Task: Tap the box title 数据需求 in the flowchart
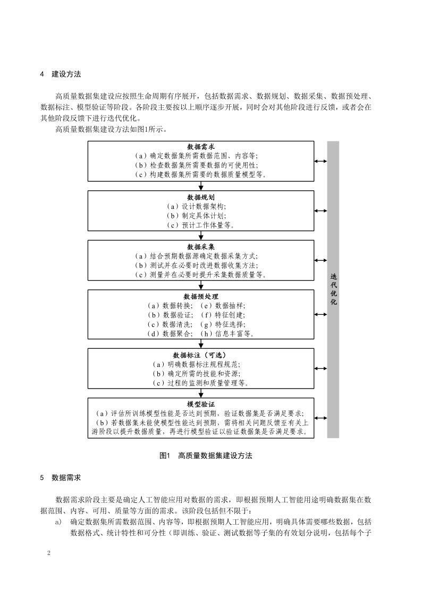point(201,146)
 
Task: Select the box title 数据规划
point(201,197)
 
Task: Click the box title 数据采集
point(201,247)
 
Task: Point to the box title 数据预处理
point(201,296)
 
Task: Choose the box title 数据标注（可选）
point(201,355)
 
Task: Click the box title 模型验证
point(201,405)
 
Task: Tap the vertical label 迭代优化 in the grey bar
point(333,290)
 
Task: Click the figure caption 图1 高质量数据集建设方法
point(205,456)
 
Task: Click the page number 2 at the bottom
point(49,553)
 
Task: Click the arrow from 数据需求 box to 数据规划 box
point(201,185)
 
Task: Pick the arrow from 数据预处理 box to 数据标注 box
point(201,343)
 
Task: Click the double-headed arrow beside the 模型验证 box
point(320,418)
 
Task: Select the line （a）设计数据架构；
point(201,206)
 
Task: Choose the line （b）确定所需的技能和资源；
point(201,373)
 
